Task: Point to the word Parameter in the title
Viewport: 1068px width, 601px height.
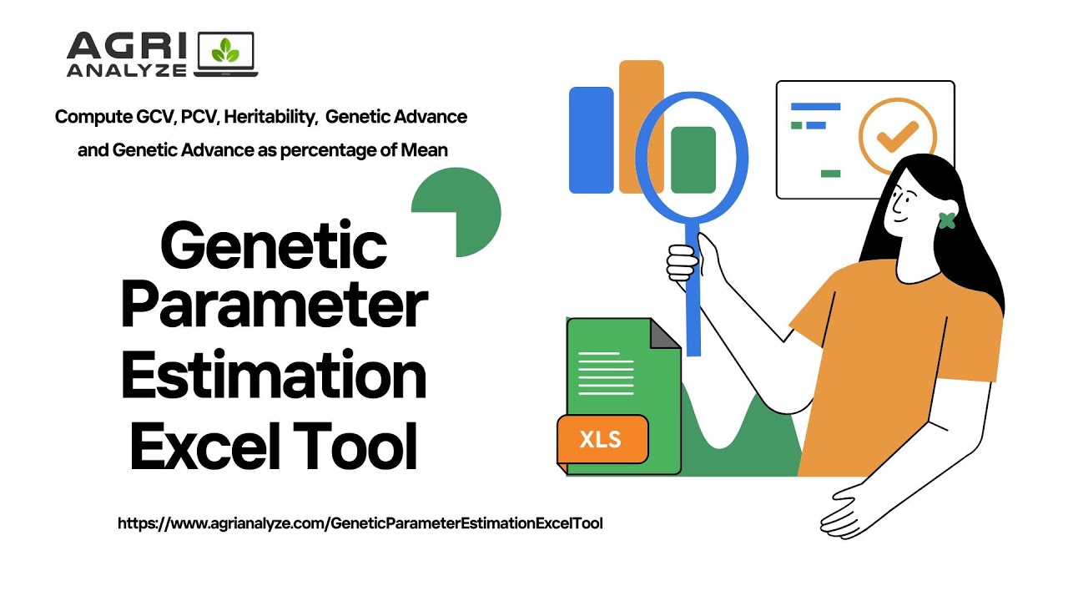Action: coord(275,308)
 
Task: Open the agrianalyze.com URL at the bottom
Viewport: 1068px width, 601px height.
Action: coord(360,523)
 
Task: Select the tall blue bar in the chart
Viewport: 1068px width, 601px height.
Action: coord(591,139)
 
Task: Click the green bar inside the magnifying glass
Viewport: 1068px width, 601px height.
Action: coord(693,159)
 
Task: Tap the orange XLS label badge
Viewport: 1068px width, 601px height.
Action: coord(602,439)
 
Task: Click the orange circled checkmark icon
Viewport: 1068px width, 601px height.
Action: coord(898,136)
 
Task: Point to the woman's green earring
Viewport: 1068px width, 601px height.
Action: coord(946,220)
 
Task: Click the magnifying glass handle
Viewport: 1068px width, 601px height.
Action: coord(692,292)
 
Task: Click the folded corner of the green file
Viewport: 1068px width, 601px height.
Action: coord(664,333)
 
